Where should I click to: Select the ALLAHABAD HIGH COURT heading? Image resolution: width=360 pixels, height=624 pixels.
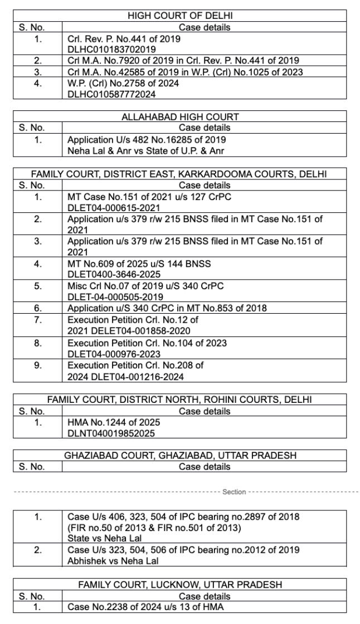180,117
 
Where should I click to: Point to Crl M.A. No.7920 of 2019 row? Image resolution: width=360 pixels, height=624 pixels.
183,60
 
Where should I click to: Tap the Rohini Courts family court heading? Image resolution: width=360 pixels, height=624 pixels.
179,399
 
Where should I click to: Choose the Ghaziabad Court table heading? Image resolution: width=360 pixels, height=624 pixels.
180,455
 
